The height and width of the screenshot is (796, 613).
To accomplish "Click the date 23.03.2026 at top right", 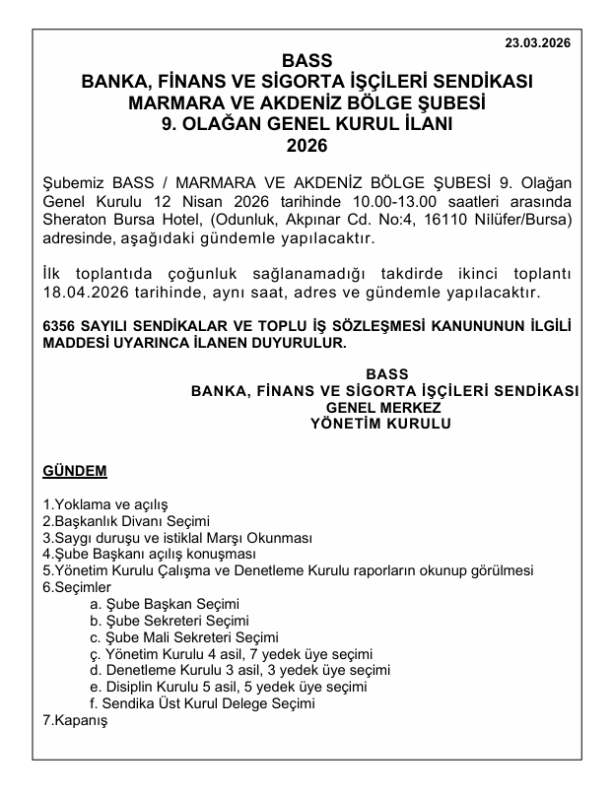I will point(537,43).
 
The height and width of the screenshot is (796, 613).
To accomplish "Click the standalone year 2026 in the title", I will point(306,145).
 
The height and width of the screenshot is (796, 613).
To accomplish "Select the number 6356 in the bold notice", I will point(62,325).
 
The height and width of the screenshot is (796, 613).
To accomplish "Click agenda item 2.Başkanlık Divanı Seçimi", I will point(126,521).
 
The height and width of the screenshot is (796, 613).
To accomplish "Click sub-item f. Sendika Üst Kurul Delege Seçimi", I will point(202,703).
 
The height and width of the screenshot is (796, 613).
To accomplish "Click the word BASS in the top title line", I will point(306,60).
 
